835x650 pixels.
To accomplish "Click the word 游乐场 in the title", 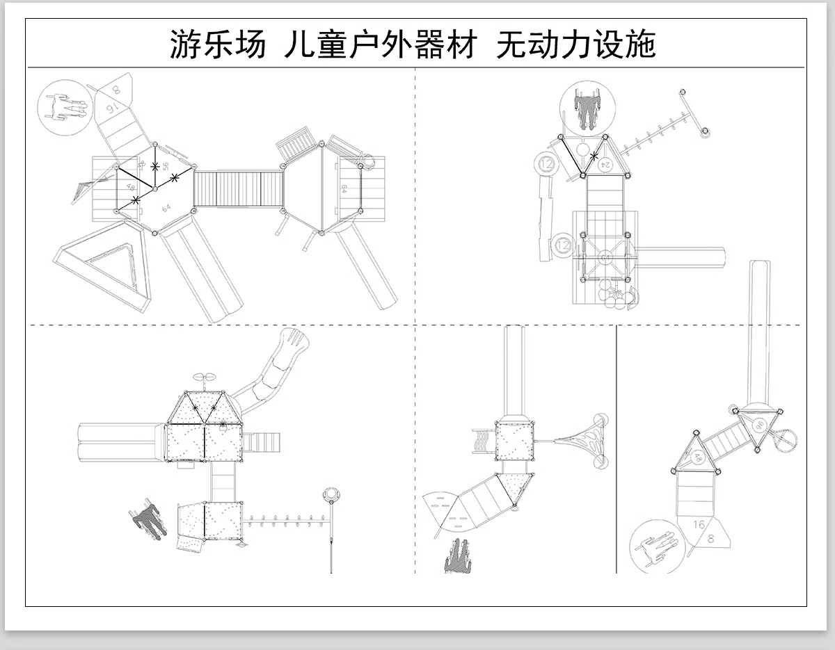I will point(218,45).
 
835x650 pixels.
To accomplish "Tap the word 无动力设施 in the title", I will point(576,45).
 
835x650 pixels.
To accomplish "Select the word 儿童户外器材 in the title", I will point(381,45).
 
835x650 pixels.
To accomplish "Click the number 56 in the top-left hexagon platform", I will point(165,166).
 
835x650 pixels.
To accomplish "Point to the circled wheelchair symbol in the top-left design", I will point(64,106).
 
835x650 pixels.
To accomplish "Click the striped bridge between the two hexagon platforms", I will point(238,188).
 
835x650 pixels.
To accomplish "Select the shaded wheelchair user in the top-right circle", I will point(587,108).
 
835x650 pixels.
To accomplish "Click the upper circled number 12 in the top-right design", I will point(547,165).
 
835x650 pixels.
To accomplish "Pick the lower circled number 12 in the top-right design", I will point(563,245).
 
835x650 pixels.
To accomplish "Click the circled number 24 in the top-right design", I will point(605,164).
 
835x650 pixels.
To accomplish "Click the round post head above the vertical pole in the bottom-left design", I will point(331,495).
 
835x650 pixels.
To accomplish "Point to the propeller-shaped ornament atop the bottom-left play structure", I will point(205,378).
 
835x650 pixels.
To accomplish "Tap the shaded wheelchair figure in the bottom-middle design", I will point(455,556).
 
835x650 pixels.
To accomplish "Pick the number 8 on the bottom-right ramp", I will point(710,538).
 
